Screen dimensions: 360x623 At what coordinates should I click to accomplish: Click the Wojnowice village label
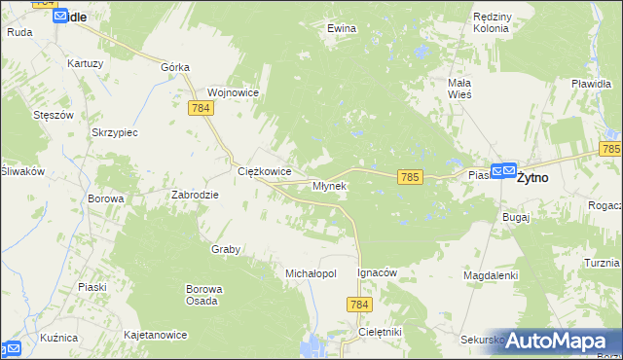(x=232, y=91)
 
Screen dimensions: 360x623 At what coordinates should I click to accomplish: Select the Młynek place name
(x=329, y=186)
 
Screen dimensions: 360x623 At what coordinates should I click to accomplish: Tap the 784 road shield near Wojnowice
(x=202, y=109)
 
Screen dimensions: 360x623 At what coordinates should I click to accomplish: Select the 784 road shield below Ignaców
(x=359, y=306)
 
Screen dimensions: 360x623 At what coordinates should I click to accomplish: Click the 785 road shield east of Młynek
(x=410, y=176)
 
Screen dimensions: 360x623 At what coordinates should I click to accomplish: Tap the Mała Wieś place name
(x=459, y=89)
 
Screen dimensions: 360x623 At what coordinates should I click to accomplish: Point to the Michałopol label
(x=311, y=274)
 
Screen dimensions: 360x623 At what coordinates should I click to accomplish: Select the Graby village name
(x=226, y=249)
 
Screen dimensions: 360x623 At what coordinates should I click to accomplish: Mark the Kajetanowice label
(x=156, y=335)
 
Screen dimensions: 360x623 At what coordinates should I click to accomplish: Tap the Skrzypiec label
(x=114, y=131)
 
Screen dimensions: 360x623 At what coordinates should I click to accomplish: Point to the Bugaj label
(x=516, y=217)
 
